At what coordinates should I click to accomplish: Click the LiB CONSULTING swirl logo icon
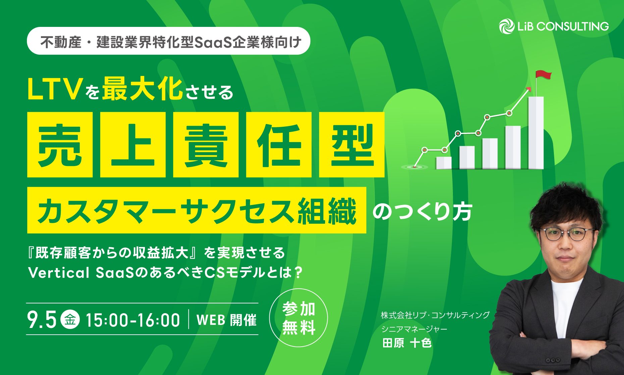click(507, 27)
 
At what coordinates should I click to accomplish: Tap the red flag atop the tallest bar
click(543, 74)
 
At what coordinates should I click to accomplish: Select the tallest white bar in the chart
click(536, 133)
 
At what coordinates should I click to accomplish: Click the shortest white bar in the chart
click(444, 163)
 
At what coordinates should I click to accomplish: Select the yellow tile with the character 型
click(352, 144)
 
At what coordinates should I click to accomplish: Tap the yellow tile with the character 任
click(279, 144)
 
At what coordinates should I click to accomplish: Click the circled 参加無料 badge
click(299, 318)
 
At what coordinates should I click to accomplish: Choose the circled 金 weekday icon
click(70, 319)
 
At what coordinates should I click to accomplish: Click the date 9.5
click(42, 320)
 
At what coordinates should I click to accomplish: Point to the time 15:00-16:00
click(133, 320)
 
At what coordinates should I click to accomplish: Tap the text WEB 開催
click(226, 320)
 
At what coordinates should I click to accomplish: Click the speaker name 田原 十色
click(407, 343)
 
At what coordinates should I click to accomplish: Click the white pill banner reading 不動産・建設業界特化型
click(168, 41)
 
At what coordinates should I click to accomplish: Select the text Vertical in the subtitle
click(59, 273)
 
